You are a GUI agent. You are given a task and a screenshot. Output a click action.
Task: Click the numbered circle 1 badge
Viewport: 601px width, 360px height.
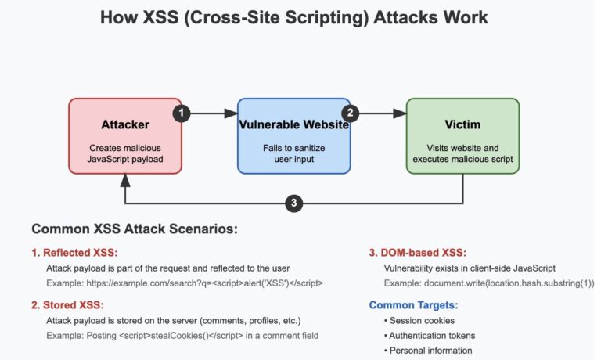(182, 113)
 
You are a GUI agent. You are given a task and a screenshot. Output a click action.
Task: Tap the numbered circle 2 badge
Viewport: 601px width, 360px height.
(351, 113)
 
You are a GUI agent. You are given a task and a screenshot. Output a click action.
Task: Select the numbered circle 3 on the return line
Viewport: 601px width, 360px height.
(293, 203)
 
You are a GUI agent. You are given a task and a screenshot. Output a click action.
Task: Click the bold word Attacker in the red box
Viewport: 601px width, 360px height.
(125, 124)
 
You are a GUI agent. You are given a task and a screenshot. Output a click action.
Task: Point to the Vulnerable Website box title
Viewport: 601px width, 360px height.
(294, 124)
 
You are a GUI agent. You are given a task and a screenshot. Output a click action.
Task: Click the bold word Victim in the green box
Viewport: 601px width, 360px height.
(462, 124)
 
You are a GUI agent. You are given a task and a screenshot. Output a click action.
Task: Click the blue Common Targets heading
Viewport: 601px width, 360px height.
(413, 304)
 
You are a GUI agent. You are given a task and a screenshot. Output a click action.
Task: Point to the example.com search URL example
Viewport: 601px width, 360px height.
(185, 283)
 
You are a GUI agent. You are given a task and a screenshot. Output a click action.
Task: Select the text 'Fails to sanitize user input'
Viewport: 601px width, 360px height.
(294, 153)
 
